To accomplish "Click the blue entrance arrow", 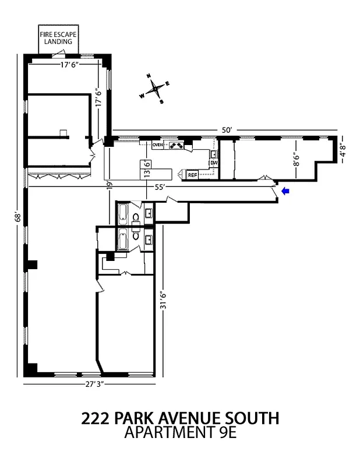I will tap(285, 190).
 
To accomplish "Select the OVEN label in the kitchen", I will tap(158, 144).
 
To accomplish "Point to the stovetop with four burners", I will tap(176, 145).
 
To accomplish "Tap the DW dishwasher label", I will tap(214, 163).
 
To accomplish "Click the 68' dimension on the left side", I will tap(17, 217).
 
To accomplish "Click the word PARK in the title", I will tap(136, 418).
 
